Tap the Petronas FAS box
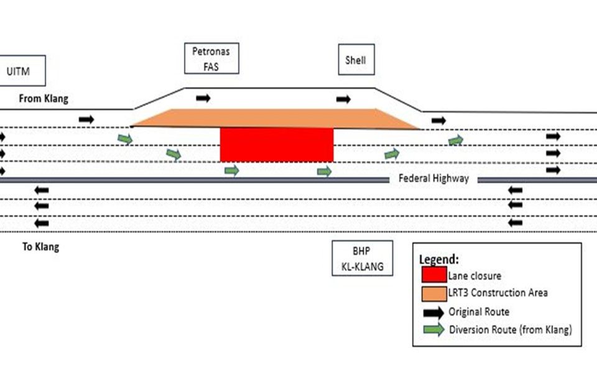(212, 58)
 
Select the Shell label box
(356, 60)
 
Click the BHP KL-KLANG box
(362, 258)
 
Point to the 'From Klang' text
(44, 99)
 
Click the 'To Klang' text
(40, 247)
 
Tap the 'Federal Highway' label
(433, 179)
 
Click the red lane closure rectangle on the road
(277, 145)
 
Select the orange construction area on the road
(274, 119)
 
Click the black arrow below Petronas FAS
(203, 98)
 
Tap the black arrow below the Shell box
(343, 99)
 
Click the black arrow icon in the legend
(433, 311)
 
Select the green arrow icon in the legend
(433, 330)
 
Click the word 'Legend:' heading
(440, 259)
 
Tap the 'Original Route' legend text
(479, 311)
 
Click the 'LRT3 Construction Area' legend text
(497, 293)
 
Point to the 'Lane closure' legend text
(473, 275)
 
